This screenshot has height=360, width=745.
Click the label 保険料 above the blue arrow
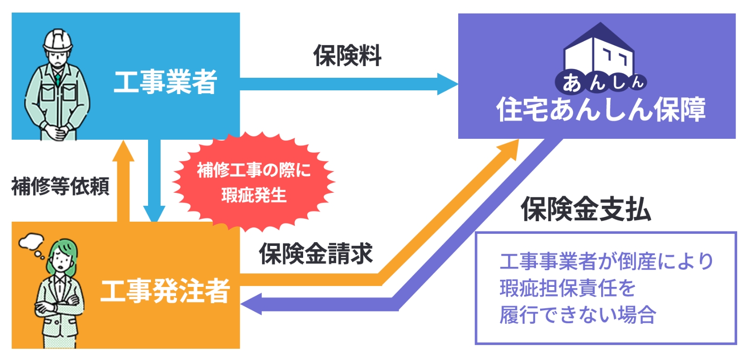(347, 55)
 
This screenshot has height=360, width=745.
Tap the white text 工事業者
(165, 82)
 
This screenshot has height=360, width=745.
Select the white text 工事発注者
(165, 291)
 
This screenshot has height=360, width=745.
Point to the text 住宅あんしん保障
(601, 109)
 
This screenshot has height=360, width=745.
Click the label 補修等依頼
(60, 186)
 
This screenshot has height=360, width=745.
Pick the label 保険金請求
(316, 253)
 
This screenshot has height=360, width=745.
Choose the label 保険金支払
(586, 209)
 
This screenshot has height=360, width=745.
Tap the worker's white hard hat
(58, 40)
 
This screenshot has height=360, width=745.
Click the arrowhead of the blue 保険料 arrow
(447, 84)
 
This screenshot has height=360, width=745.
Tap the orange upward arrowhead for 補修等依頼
(123, 151)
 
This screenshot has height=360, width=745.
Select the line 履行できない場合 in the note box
(578, 315)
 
